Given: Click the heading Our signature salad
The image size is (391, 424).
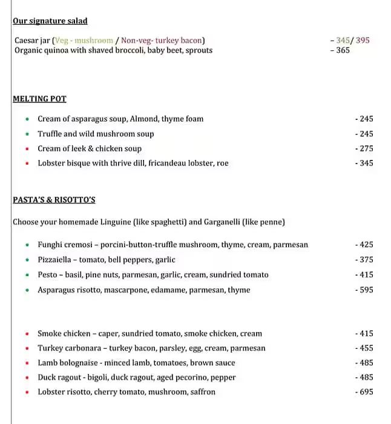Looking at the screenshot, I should coord(50,21).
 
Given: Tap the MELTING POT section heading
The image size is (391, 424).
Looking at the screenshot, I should coord(39,99).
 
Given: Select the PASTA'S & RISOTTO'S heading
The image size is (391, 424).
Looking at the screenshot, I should coord(54,200).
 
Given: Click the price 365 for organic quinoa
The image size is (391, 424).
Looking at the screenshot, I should coord(343,50).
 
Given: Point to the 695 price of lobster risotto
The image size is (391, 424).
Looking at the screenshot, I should coord(366,392).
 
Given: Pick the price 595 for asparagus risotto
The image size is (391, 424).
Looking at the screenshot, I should coord(366,290).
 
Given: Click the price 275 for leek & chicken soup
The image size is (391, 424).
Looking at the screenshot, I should coord(366,148).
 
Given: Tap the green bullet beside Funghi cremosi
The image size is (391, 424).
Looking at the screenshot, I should coord(27,245).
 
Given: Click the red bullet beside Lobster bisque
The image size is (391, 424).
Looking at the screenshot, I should coord(27,163).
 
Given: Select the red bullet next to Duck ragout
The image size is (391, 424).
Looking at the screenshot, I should coord(27,377).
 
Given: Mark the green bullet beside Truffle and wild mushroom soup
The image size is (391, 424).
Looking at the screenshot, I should coord(27,134).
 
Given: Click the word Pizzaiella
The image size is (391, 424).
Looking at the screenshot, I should coord(56,260).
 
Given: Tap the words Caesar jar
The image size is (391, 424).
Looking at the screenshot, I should coord(32,41).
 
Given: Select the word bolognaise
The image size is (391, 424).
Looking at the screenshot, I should coord(79,363).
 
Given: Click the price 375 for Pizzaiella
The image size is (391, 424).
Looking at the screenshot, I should coord(366,260).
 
